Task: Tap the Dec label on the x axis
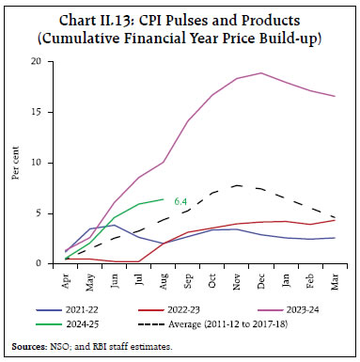click(x=260, y=281)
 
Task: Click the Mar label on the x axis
click(x=334, y=281)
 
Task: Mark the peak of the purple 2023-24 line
click(x=260, y=72)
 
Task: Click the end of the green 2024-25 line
click(x=163, y=199)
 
